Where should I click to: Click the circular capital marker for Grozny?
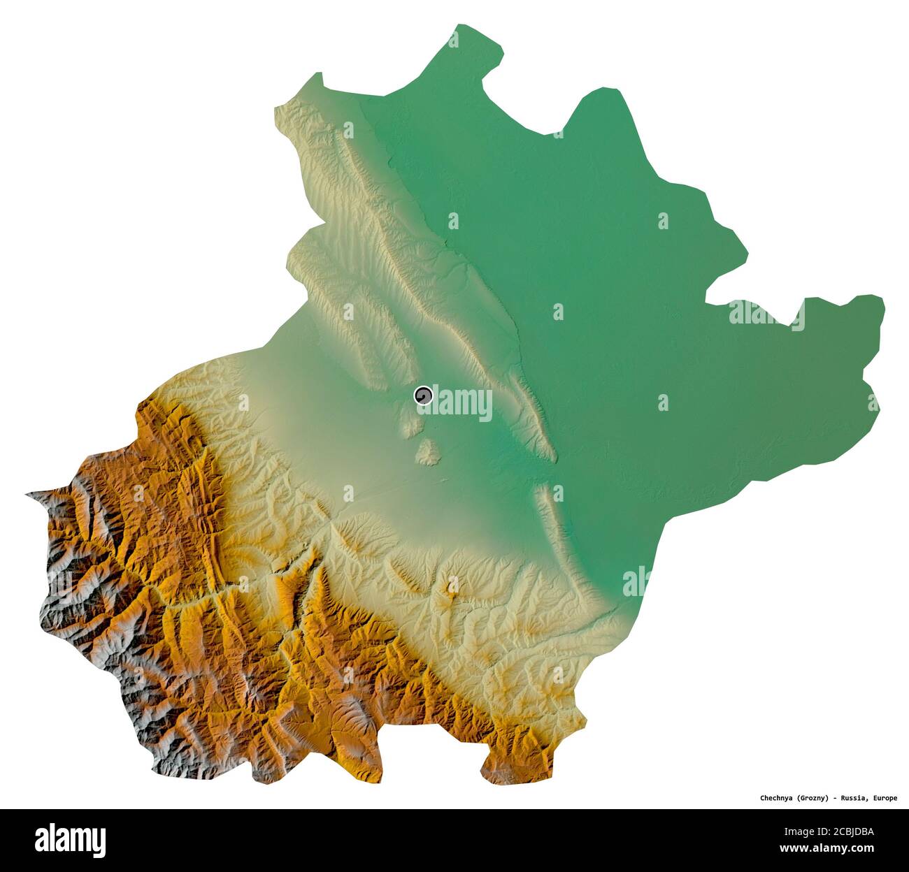coord(423,396)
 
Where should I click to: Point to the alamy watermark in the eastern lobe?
coord(766,315)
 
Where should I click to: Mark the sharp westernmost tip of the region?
coord(27,495)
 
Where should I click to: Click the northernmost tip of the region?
coord(459,26)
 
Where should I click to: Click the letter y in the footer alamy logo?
coord(100,840)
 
